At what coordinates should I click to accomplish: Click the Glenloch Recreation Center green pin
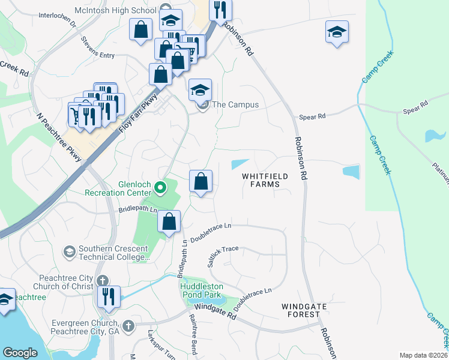tap(160, 188)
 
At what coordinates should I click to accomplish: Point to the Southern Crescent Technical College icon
tap(69, 250)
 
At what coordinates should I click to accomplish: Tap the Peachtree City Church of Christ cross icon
tap(103, 280)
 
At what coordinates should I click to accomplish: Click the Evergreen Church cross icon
tap(127, 326)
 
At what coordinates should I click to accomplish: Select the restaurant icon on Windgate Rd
tap(109, 297)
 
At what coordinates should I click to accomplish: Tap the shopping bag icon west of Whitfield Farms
tap(200, 181)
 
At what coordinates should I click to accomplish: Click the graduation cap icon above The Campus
tap(200, 90)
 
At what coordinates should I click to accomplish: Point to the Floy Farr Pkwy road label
tap(139, 112)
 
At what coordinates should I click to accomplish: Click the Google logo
tap(20, 353)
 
